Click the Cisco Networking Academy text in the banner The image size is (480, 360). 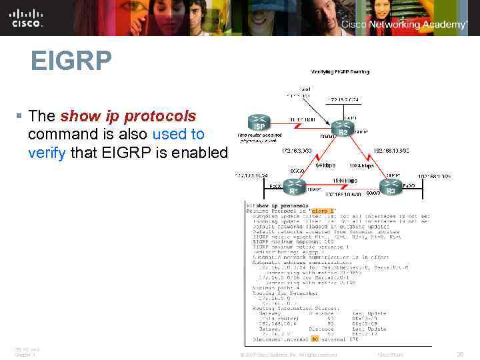pyautogui.click(x=404, y=25)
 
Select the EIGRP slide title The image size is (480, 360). pyautogui.click(x=71, y=62)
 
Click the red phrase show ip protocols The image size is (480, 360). pyautogui.click(x=128, y=116)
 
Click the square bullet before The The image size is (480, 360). pyautogui.click(x=19, y=117)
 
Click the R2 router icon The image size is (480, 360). pyautogui.click(x=343, y=127)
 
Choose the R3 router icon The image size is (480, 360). pyautogui.click(x=391, y=186)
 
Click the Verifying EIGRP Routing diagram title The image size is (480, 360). pyautogui.click(x=340, y=71)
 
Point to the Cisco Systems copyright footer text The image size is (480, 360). pyautogui.click(x=288, y=355)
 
